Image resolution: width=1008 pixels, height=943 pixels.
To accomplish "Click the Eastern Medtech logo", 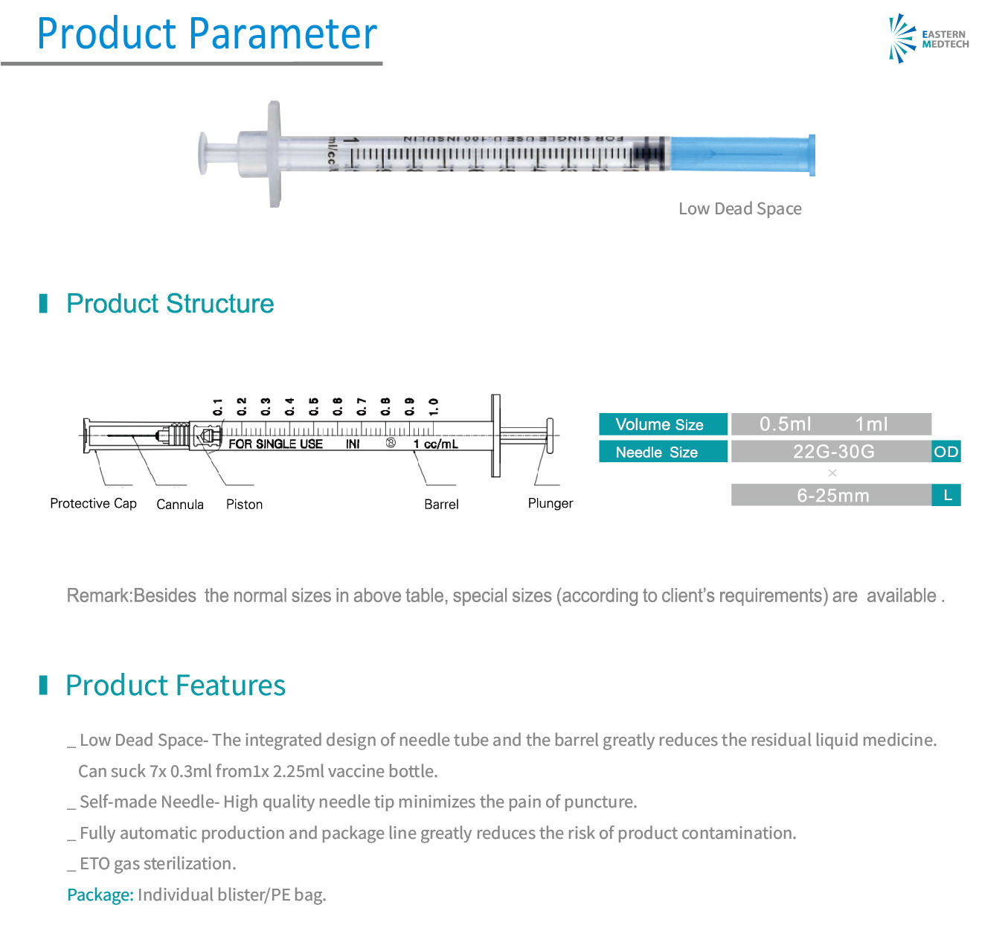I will [x=928, y=39].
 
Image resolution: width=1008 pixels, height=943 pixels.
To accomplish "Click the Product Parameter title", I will [x=207, y=34].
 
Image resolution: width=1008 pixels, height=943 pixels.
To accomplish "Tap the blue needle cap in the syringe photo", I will [x=741, y=155].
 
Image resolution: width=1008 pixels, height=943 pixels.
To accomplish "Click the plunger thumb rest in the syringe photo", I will [x=202, y=153].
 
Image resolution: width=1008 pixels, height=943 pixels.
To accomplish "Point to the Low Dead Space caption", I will [x=739, y=209].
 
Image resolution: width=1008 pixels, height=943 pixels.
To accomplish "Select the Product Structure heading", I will [x=170, y=304].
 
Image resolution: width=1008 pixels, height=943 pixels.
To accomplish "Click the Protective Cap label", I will [x=93, y=504].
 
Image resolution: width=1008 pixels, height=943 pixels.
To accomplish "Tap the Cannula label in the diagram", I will [x=180, y=505].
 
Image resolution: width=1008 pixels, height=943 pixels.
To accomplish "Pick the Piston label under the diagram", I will [x=244, y=505].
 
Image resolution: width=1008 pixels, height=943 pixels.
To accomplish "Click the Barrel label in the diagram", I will [x=441, y=505].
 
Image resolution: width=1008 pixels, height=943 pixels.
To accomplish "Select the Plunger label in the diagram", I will [x=550, y=504].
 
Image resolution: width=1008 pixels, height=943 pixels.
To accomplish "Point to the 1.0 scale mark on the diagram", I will [x=433, y=406].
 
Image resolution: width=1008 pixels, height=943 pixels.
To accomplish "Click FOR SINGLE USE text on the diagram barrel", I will [x=275, y=444].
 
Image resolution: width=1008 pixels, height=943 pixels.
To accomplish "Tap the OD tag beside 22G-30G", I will [x=946, y=452].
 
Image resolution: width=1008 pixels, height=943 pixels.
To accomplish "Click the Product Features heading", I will [x=175, y=685].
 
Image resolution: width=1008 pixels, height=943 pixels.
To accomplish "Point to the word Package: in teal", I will [x=100, y=895].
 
